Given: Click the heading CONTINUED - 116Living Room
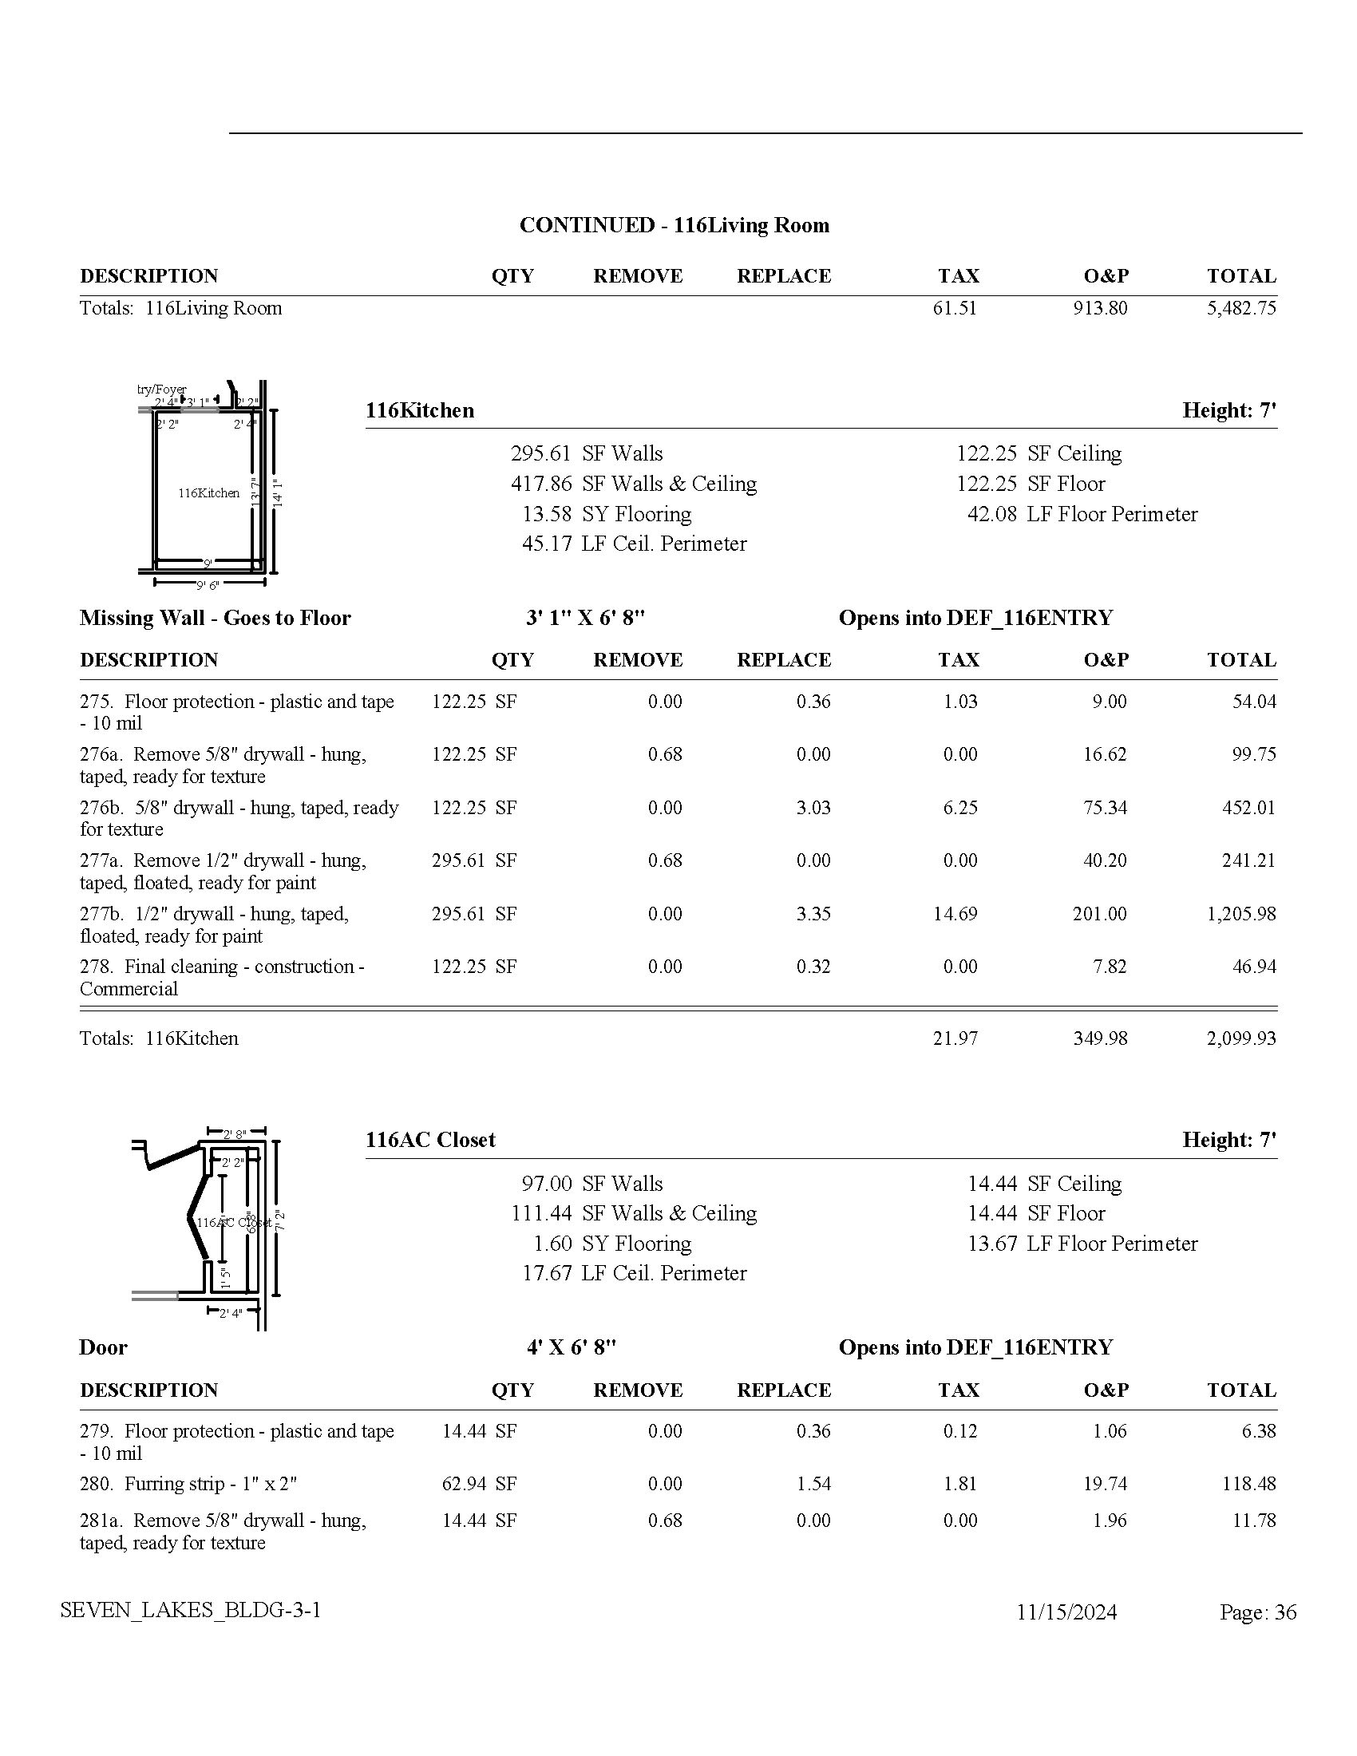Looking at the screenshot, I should [674, 225].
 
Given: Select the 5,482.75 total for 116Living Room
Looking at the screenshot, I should [1240, 308].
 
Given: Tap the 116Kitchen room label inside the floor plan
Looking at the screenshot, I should [209, 492].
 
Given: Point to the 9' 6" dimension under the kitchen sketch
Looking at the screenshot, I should [208, 585].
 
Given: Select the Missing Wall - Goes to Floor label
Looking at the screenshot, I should [215, 618].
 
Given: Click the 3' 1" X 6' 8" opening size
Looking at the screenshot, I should [585, 618].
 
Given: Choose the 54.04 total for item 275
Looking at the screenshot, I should [1254, 701].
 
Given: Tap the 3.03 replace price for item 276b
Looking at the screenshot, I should [813, 807].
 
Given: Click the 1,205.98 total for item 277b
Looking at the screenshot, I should [1240, 913].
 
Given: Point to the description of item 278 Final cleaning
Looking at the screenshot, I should [222, 977].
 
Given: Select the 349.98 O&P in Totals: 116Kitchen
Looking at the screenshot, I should [1100, 1038].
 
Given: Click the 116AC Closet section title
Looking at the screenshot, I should [430, 1139].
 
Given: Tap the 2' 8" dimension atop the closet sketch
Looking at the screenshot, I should [234, 1134].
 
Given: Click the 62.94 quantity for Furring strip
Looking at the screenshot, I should [464, 1484].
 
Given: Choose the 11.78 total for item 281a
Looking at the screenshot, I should [1254, 1521].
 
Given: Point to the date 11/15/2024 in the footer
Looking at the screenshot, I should [1066, 1612].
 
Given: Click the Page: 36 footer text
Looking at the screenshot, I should [1257, 1612].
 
